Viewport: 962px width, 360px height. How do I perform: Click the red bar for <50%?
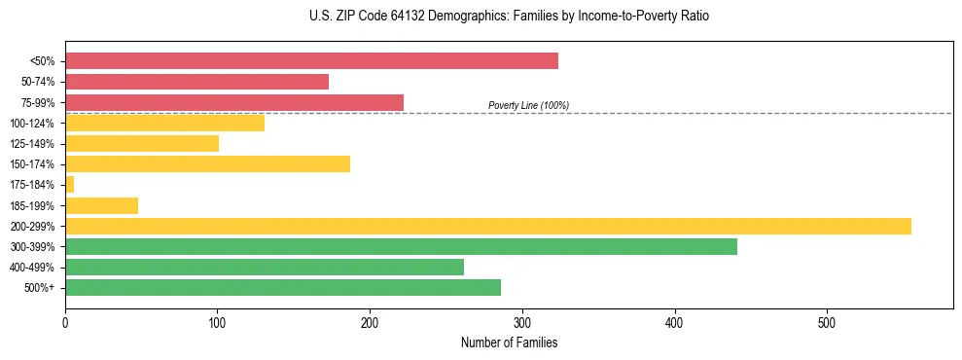click(311, 61)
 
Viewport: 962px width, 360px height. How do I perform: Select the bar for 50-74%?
click(196, 82)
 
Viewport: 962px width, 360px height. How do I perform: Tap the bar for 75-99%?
click(233, 102)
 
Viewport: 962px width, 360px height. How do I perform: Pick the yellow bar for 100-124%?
click(164, 123)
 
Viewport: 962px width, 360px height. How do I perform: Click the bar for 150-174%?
click(207, 163)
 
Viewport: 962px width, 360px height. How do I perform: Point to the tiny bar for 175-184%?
click(69, 184)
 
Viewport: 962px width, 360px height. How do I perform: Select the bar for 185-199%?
click(101, 205)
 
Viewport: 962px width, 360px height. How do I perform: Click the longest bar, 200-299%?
click(487, 226)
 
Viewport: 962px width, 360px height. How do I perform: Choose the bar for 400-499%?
click(264, 267)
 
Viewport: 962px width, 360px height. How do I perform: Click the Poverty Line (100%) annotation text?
click(528, 105)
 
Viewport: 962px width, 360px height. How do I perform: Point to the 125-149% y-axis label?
click(32, 144)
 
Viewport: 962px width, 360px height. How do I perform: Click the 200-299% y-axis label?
click(32, 227)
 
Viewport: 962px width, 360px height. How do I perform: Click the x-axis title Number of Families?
click(509, 342)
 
